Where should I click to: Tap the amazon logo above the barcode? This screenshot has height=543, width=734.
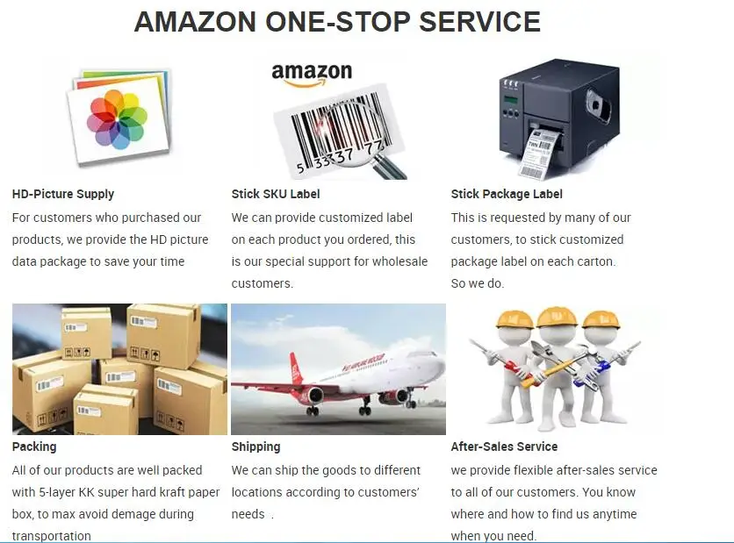[312, 74]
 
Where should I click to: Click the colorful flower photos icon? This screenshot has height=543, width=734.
[117, 119]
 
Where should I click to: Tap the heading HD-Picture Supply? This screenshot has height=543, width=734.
[63, 194]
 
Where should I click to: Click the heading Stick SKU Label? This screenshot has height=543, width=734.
[276, 194]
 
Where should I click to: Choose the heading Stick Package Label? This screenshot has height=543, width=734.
[507, 194]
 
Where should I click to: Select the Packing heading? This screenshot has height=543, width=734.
[34, 447]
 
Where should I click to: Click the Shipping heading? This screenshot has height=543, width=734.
[256, 447]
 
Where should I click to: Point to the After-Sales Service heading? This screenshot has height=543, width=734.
[504, 447]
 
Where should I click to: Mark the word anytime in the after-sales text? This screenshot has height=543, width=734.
[615, 514]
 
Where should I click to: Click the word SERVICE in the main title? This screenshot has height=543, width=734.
[479, 22]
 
